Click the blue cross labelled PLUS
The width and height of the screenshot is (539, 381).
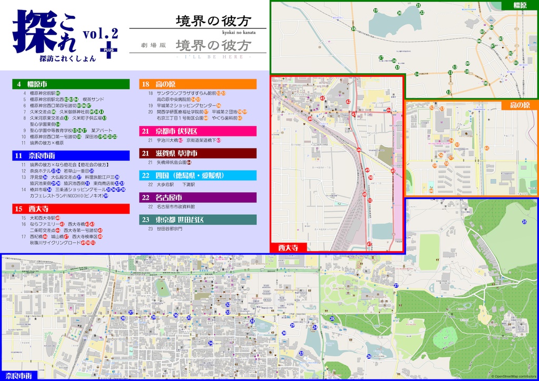pyautogui.click(x=109, y=49)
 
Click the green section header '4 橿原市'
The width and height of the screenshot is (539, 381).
pyautogui.click(x=71, y=84)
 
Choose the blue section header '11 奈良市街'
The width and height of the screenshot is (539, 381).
pyautogui.click(x=71, y=155)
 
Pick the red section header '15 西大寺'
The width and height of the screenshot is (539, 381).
pyautogui.click(x=71, y=209)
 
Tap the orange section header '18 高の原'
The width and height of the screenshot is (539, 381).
pyautogui.click(x=198, y=84)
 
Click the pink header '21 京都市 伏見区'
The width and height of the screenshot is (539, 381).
pyautogui.click(x=198, y=131)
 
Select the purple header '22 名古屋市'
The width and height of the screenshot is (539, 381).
pyautogui.click(x=198, y=198)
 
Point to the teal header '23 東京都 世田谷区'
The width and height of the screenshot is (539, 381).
pyautogui.click(x=198, y=219)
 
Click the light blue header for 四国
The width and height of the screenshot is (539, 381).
pyautogui.click(x=198, y=175)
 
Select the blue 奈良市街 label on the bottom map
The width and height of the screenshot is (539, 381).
pyautogui.click(x=18, y=376)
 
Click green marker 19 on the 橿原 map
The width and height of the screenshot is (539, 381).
pyautogui.click(x=376, y=10)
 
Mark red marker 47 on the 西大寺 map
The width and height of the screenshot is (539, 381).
pyautogui.click(x=370, y=243)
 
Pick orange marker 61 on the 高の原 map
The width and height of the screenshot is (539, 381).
pyautogui.click(x=487, y=148)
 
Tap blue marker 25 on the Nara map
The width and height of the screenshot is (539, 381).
pyautogui.click(x=524, y=222)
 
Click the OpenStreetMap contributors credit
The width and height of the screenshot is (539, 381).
pyautogui.click(x=514, y=376)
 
